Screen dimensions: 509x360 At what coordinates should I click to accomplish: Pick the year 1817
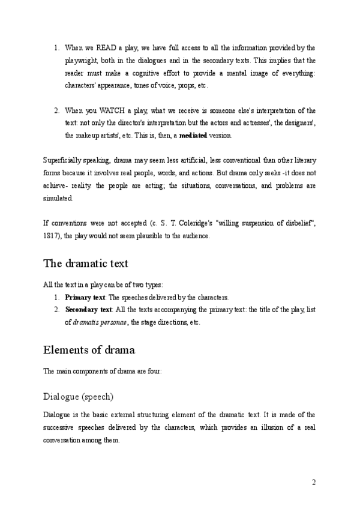[52, 236]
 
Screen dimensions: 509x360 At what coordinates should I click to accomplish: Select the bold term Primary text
[85, 298]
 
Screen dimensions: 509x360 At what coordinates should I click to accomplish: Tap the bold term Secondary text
[88, 310]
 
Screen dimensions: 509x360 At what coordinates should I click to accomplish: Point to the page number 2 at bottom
[313, 482]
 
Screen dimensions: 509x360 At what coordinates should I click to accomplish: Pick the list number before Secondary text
[56, 310]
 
